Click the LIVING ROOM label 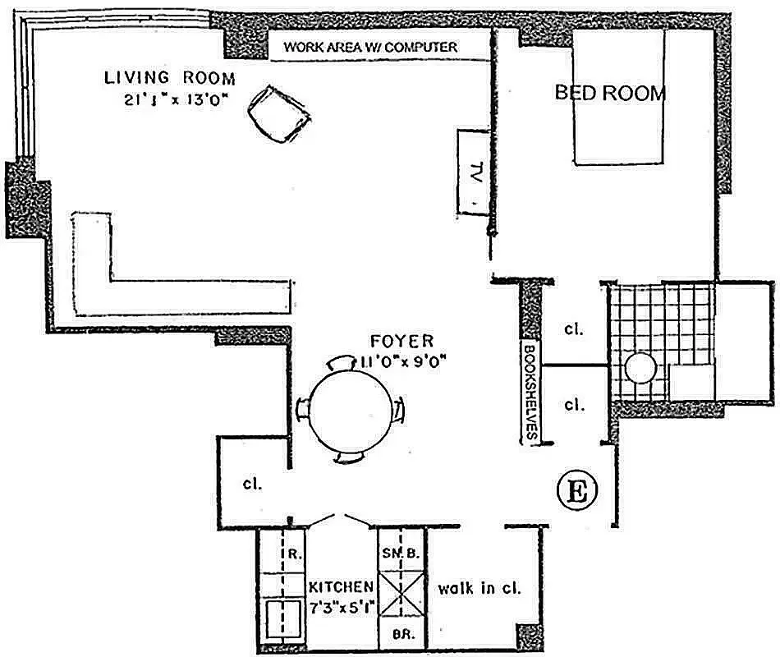(x=169, y=79)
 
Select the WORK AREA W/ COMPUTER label (x=370, y=47)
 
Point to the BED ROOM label (x=609, y=92)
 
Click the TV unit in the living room (x=474, y=172)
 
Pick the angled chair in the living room (x=279, y=116)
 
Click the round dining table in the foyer (x=350, y=409)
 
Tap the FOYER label (x=401, y=341)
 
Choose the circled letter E (x=577, y=492)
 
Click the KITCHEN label (x=342, y=588)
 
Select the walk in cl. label (x=479, y=588)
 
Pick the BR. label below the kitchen (x=401, y=635)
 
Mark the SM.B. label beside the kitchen (x=401, y=554)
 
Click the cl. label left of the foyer (x=252, y=484)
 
